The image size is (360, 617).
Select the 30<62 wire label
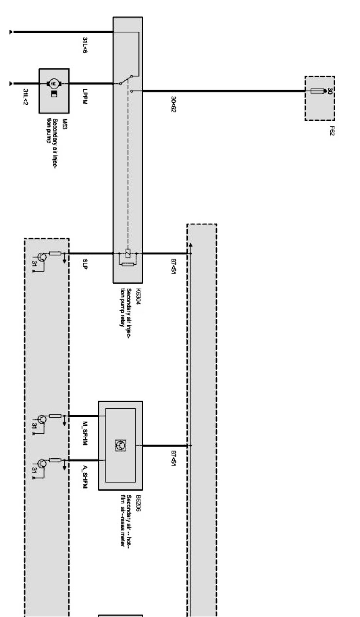click(x=173, y=104)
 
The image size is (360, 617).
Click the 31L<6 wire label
click(x=85, y=45)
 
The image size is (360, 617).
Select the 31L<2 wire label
click(x=25, y=97)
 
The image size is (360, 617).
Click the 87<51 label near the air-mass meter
click(x=173, y=458)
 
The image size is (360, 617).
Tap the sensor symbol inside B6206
click(x=121, y=445)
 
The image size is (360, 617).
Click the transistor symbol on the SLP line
click(x=42, y=257)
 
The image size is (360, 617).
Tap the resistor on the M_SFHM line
click(x=55, y=416)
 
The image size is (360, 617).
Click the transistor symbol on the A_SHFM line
click(x=42, y=463)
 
